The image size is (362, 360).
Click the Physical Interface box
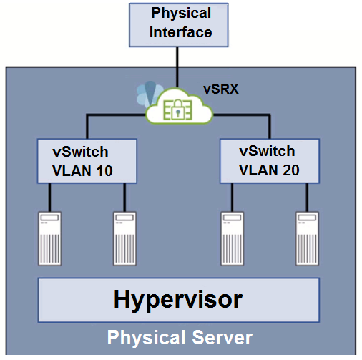click(x=179, y=25)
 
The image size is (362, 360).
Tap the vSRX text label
click(x=221, y=89)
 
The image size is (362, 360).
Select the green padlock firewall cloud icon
click(x=179, y=106)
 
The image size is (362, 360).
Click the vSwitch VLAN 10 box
click(x=87, y=161)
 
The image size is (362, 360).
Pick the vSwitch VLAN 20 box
click(x=270, y=161)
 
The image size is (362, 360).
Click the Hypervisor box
click(x=179, y=300)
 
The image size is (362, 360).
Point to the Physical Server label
click(x=180, y=337)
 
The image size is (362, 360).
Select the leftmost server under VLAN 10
click(x=50, y=238)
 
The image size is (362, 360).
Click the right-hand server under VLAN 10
click(x=124, y=238)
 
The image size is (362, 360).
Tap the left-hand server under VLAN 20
click(x=233, y=238)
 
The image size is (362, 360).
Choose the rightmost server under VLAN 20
click(x=307, y=238)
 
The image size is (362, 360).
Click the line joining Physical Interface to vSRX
click(x=177, y=67)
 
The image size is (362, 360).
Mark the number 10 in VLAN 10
click(x=104, y=171)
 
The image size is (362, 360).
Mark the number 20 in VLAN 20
click(x=291, y=170)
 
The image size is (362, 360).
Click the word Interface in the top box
click(x=181, y=32)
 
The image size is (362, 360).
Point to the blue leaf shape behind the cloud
click(x=148, y=93)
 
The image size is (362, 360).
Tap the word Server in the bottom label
click(x=222, y=337)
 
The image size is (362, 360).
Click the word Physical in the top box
click(x=181, y=13)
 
